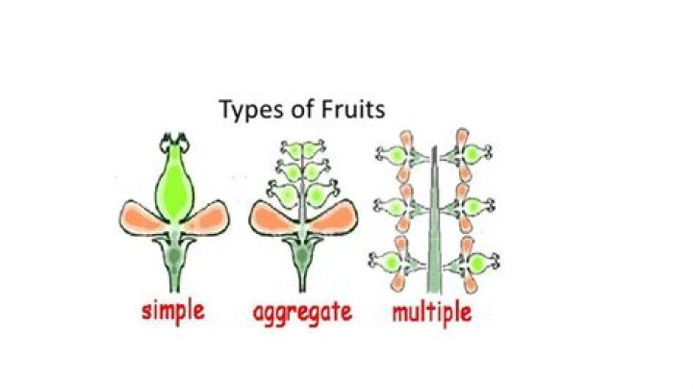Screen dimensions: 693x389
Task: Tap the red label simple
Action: [173, 311]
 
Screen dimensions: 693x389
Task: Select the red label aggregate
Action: [302, 313]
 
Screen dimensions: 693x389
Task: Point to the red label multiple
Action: [432, 312]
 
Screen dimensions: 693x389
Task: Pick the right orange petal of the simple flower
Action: [207, 218]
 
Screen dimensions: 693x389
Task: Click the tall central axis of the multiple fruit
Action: [434, 221]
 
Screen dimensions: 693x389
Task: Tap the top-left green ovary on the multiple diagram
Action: [396, 155]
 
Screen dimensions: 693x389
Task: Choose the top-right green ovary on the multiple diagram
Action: [472, 154]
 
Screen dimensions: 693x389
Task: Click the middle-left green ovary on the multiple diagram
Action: [396, 206]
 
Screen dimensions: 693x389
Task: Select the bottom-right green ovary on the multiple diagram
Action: [476, 264]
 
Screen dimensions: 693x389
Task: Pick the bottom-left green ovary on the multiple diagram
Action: [391, 262]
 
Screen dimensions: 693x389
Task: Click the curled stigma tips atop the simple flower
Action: [174, 142]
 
